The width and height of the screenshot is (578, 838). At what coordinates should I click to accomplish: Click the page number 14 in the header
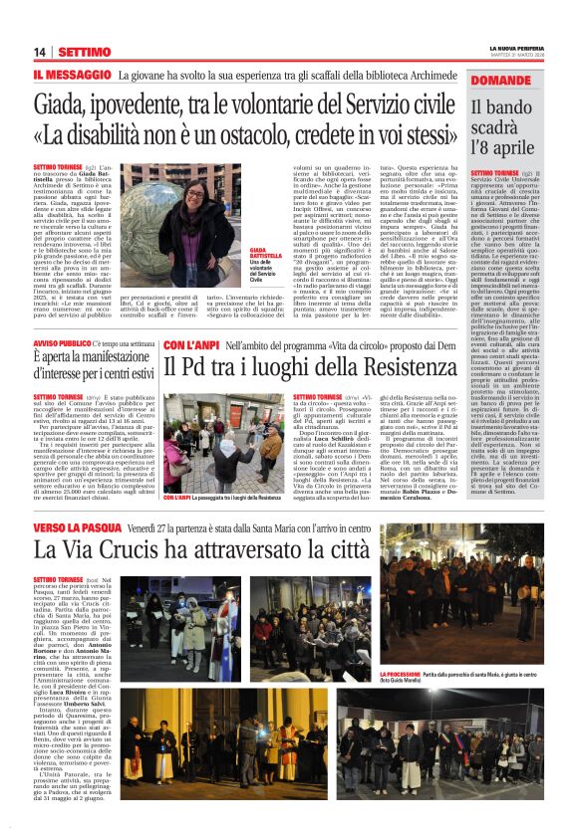tap(40, 52)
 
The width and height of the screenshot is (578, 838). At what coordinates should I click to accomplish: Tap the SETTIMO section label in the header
tap(85, 52)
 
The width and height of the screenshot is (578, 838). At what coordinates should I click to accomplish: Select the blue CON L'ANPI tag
tap(191, 343)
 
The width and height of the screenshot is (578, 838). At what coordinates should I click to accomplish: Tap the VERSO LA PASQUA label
tap(79, 526)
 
